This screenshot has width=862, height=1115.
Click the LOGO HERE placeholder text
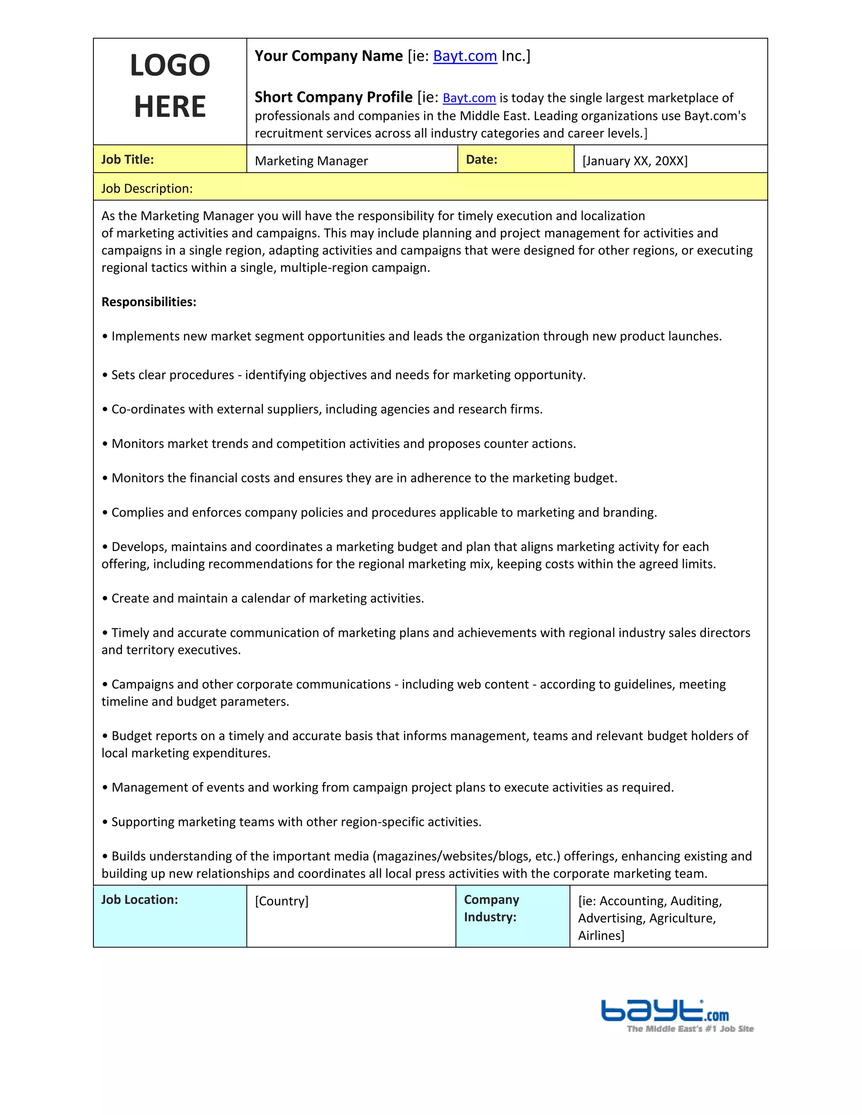point(170,86)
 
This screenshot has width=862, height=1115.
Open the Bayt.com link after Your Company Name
point(465,56)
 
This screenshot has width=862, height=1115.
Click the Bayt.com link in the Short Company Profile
point(469,98)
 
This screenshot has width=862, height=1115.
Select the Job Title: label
point(127,160)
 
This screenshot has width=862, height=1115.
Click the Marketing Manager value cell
point(311,161)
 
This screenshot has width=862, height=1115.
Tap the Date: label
point(481,160)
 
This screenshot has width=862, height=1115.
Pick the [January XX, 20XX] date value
point(635,161)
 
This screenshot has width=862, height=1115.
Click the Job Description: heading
point(147,189)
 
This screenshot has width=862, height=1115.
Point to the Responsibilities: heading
point(149,302)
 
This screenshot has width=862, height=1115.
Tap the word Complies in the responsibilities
point(137,512)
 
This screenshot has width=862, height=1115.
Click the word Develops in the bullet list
point(139,547)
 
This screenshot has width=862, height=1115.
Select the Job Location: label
point(139,900)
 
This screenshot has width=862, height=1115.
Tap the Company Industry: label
point(491,909)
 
